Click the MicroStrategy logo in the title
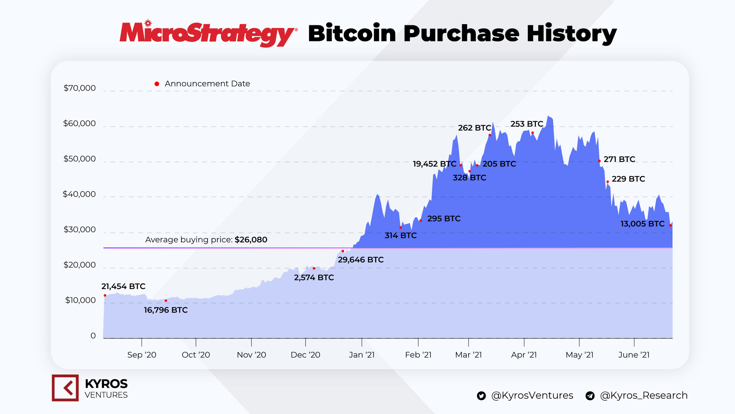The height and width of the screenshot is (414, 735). [208, 34]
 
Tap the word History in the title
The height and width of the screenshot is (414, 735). [571, 34]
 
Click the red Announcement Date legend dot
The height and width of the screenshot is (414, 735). [157, 84]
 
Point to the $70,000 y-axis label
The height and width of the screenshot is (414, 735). [80, 88]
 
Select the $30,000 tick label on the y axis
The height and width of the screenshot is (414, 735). [80, 230]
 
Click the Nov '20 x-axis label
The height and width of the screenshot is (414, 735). [251, 355]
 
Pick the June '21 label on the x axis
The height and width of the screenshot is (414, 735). [634, 355]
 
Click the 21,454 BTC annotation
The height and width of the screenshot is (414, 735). [123, 286]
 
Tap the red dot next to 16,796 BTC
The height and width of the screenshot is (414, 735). [166, 301]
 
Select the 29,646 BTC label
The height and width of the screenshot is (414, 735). [361, 260]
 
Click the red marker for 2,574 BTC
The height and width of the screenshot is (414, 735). [314, 268]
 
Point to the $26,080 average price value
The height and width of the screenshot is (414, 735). [251, 240]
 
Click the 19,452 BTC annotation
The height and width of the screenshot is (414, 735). [434, 164]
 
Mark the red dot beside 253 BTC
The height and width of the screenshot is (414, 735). [532, 133]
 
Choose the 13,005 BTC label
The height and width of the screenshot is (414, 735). [642, 224]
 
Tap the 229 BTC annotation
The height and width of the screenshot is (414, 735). [628, 179]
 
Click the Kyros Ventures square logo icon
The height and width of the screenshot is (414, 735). [65, 388]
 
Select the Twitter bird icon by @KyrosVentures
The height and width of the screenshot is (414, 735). [481, 396]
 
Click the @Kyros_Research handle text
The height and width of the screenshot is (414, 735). [644, 396]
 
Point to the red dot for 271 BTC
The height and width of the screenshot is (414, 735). [599, 161]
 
